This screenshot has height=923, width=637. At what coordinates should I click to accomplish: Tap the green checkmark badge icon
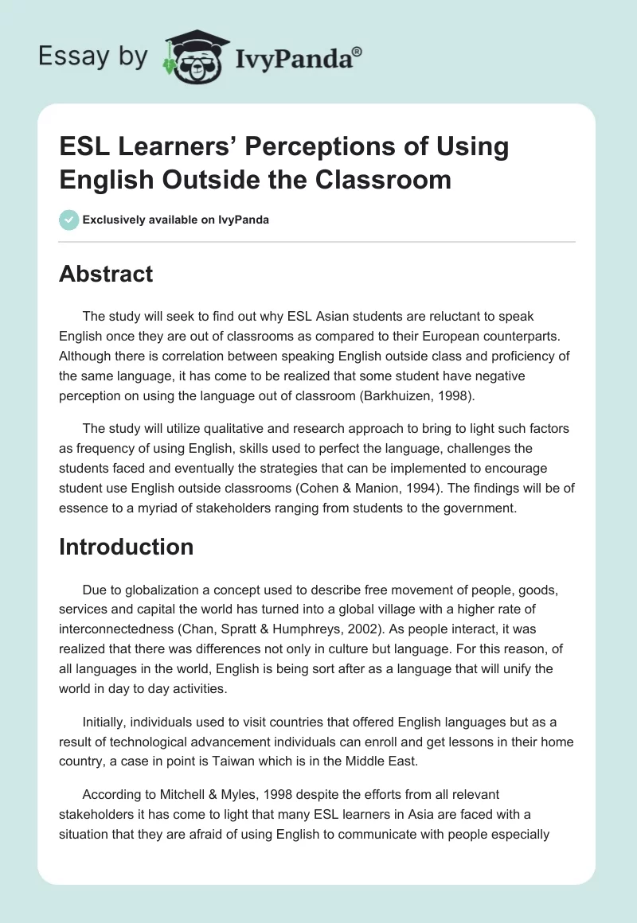click(x=68, y=220)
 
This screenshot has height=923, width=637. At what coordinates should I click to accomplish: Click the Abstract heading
click(x=106, y=275)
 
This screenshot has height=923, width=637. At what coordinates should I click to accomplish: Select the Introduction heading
click(x=127, y=547)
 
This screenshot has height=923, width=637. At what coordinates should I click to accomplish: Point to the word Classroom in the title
click(x=385, y=179)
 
